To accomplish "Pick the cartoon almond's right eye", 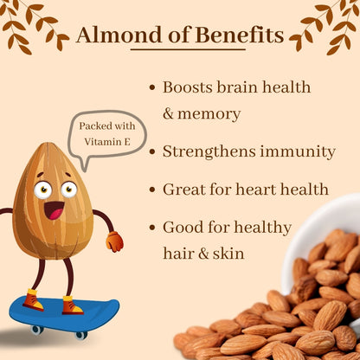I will [68, 189].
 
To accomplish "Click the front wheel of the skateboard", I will [80, 334].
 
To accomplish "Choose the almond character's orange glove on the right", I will [114, 240].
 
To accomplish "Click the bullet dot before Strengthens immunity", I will [153, 152].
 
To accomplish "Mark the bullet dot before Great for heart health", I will [153, 190].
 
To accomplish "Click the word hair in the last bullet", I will [179, 253].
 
